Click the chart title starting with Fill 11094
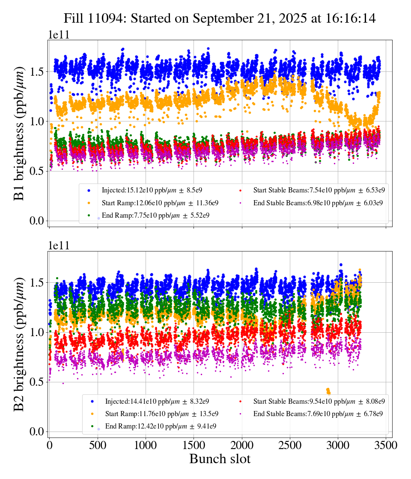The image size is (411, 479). click(x=220, y=18)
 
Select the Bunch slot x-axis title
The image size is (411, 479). click(x=220, y=459)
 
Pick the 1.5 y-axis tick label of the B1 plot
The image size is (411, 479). click(x=37, y=71)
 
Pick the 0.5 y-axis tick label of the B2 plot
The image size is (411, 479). click(x=37, y=382)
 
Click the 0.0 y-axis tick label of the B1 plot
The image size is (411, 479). click(x=37, y=221)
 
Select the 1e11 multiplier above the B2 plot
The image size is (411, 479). click(x=58, y=246)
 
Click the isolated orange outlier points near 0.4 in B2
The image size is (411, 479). click(x=328, y=391)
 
